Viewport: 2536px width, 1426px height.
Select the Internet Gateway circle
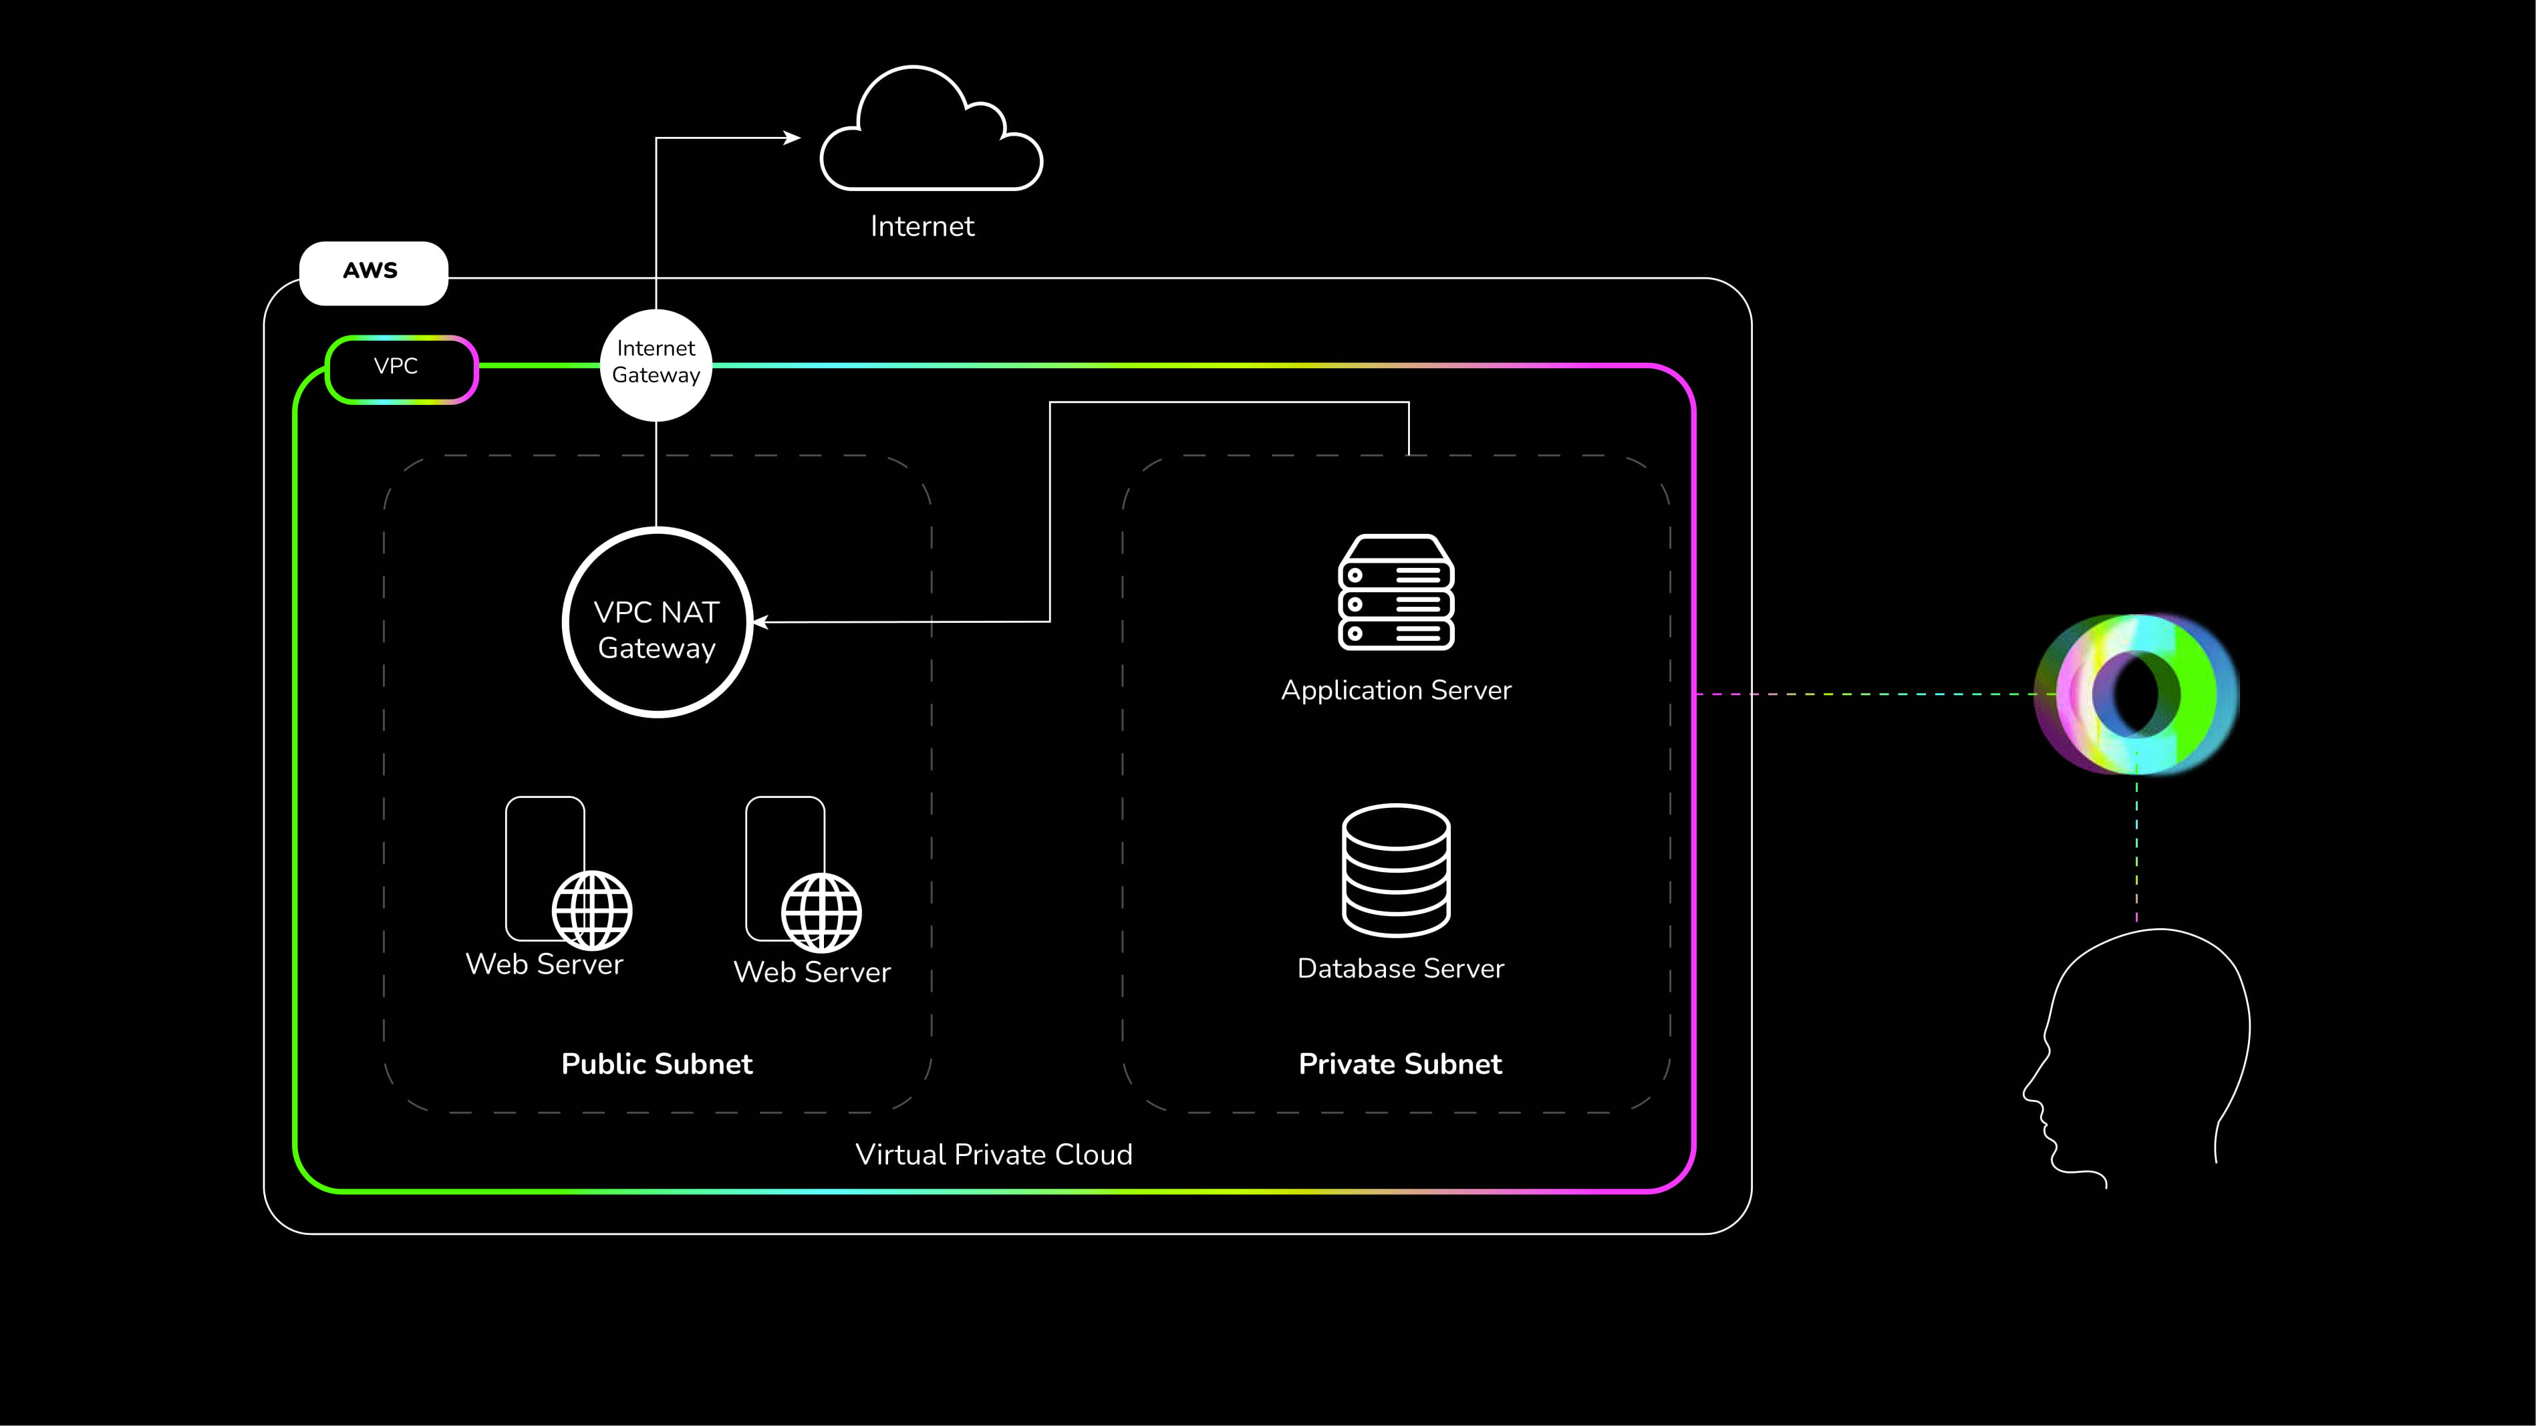pos(656,364)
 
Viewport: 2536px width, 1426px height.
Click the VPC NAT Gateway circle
pos(657,623)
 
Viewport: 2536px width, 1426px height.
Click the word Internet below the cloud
pos(922,227)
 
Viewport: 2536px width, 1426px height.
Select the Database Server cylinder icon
pos(1396,870)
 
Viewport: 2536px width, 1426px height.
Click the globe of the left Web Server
pos(591,909)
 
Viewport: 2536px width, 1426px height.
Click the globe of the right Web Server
pos(821,912)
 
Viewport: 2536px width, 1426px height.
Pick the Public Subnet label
pos(657,1064)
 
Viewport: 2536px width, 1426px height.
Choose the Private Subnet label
pos(1400,1064)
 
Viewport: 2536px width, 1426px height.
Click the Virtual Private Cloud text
pos(993,1155)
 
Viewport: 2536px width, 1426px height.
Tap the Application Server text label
pos(1396,690)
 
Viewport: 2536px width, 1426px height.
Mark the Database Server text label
pos(1400,968)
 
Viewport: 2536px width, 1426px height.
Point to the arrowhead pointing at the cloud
pos(793,138)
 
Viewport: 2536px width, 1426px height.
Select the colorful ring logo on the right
pos(2136,694)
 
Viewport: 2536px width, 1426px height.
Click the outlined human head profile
pos(2146,1053)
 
